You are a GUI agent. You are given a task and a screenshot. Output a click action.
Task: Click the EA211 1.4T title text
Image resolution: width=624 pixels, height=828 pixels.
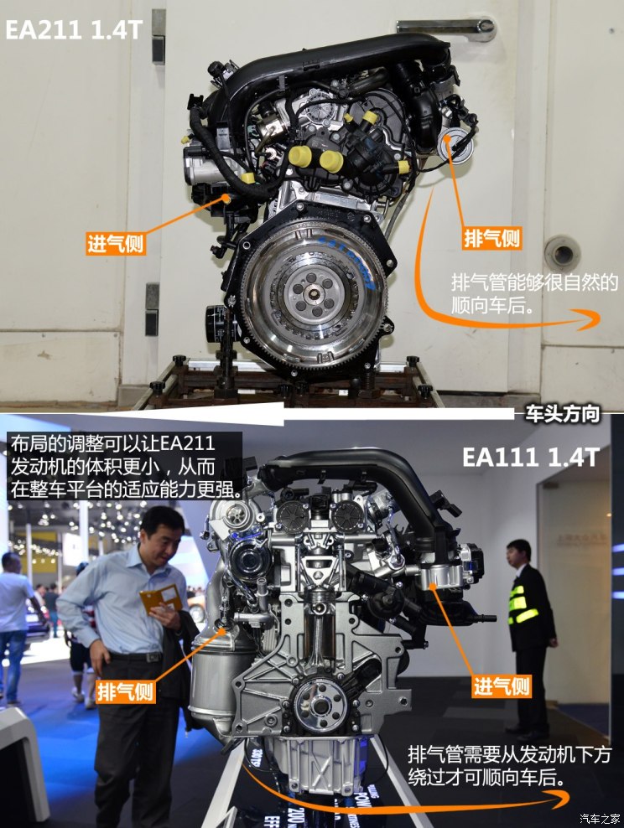click(74, 30)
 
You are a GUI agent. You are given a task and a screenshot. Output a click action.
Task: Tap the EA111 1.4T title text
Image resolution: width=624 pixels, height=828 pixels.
click(530, 457)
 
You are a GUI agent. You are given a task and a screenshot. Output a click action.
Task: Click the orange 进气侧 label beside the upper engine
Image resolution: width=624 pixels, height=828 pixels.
click(116, 244)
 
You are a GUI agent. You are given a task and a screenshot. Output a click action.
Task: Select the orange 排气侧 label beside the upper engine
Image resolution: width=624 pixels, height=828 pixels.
click(492, 238)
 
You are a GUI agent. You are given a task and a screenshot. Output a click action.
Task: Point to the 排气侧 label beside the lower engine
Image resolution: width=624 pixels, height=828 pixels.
click(126, 691)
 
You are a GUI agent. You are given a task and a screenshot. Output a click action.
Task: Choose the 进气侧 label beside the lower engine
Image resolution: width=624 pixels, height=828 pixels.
click(502, 686)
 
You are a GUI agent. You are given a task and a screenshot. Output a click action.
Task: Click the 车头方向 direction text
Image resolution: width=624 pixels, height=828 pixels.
click(562, 414)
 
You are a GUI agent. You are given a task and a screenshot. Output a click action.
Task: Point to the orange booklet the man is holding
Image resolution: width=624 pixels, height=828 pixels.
click(161, 598)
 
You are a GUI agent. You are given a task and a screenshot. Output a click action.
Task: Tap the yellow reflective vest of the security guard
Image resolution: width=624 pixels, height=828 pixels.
click(523, 604)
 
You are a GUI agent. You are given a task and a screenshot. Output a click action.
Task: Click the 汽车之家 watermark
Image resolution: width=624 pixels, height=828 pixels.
click(599, 818)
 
